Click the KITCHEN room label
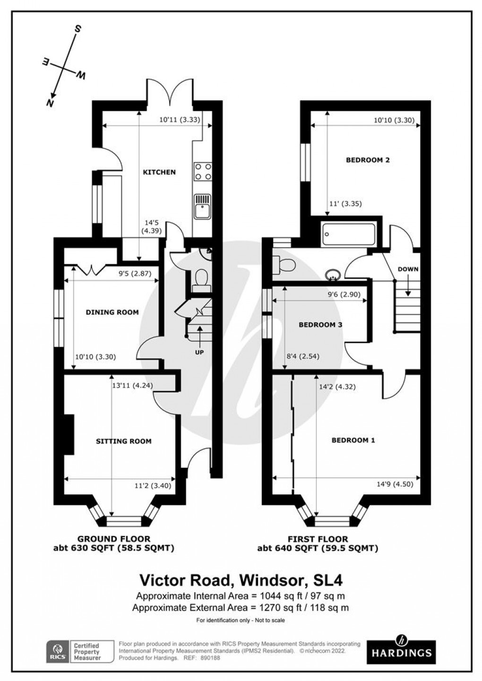coord(159,172)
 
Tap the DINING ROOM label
coord(112,312)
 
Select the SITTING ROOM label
coord(124,441)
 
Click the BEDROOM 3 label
coord(320,325)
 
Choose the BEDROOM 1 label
coord(353,440)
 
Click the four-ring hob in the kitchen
coord(202,172)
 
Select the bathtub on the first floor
coord(348,234)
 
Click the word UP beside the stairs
coord(199,352)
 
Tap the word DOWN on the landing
coord(407,269)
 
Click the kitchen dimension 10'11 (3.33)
coord(180,120)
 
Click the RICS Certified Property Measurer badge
coord(80,651)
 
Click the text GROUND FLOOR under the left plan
coord(114,539)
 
